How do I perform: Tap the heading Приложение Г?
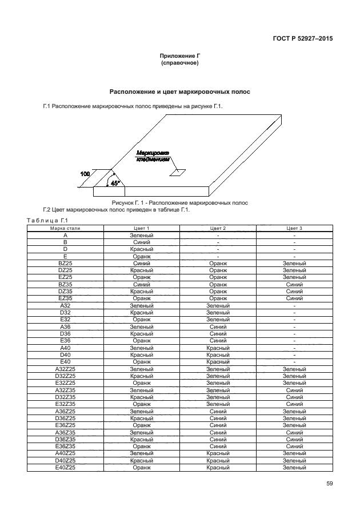click(x=180, y=56)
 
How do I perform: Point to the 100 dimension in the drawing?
click(x=85, y=173)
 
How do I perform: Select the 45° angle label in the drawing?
click(x=115, y=183)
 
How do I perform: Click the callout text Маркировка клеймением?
click(x=153, y=157)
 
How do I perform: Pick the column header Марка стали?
click(x=65, y=228)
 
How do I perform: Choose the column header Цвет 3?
click(x=294, y=228)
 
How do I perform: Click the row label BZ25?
click(x=65, y=263)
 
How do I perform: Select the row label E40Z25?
click(x=65, y=467)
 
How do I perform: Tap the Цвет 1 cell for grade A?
click(x=141, y=235)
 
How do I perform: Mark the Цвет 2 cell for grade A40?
click(x=218, y=348)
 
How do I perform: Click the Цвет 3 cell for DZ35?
click(x=294, y=291)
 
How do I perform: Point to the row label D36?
click(x=65, y=333)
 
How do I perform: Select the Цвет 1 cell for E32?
click(x=141, y=319)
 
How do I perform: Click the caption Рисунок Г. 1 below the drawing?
click(x=179, y=203)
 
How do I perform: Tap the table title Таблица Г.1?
click(x=47, y=221)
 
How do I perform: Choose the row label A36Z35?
click(x=65, y=432)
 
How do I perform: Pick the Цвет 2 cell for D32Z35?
click(x=218, y=397)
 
